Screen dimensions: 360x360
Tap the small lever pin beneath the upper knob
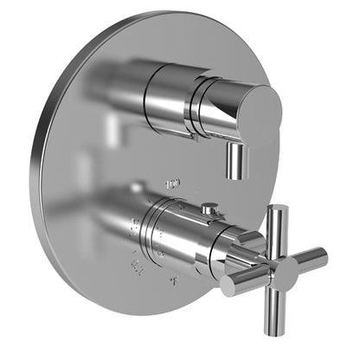235,164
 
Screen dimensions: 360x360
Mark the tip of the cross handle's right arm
323,256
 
